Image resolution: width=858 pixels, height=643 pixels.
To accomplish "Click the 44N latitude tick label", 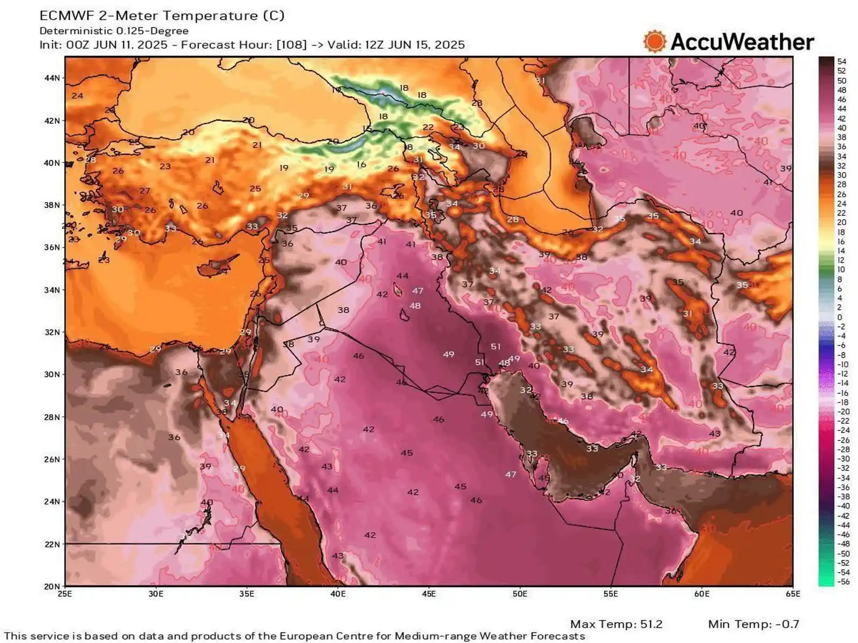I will point(52,78).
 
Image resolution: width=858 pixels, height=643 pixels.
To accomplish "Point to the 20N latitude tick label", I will point(52,586).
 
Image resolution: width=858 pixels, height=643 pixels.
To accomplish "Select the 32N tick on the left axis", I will point(52,332).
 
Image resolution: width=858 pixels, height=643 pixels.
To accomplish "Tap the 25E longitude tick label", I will point(65,594).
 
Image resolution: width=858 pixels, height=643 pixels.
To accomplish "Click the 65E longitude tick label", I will point(793,594).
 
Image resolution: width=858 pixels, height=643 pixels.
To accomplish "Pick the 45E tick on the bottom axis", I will point(428,594).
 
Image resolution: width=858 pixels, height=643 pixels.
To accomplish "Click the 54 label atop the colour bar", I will point(841,62).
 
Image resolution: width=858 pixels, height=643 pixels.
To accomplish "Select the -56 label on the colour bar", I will point(844,582).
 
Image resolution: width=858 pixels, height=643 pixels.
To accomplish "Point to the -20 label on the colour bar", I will point(844,412).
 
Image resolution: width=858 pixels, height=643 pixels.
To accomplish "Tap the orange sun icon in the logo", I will point(654,42).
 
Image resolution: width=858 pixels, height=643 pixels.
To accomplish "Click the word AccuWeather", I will point(742,42).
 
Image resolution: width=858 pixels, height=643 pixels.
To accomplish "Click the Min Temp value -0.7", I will point(787,624).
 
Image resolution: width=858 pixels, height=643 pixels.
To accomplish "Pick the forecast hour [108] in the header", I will point(292,44).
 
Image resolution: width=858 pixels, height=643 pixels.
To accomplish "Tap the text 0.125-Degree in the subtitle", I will point(152,31).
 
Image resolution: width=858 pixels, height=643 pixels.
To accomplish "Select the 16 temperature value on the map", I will point(361,165).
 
